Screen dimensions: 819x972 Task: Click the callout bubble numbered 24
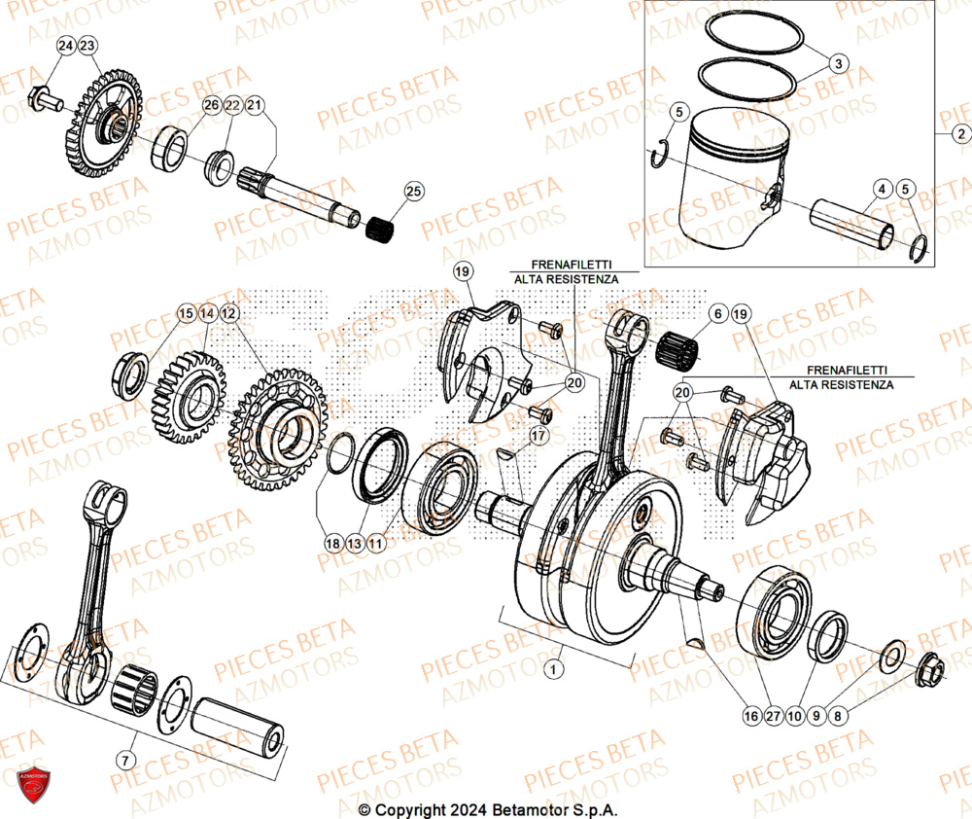click(x=64, y=47)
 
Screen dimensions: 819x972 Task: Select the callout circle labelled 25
click(x=414, y=192)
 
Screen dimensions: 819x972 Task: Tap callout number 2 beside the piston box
click(x=959, y=134)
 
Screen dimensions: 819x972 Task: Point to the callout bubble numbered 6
click(x=717, y=314)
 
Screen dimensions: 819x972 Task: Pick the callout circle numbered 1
click(x=553, y=669)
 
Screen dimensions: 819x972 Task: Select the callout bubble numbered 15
click(x=185, y=314)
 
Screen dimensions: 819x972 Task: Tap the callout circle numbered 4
click(x=881, y=188)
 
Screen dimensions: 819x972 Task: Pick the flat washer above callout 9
click(x=891, y=657)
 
